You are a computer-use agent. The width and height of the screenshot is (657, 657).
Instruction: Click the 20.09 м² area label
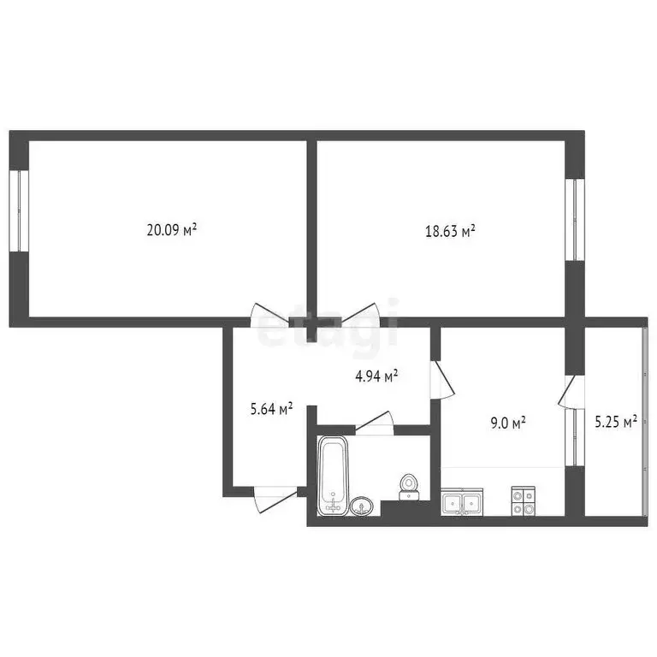click(172, 229)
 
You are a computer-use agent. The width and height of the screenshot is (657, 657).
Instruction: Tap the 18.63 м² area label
click(450, 231)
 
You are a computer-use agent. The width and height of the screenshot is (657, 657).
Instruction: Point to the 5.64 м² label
click(271, 409)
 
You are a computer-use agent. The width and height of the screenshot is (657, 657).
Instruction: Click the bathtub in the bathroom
click(332, 476)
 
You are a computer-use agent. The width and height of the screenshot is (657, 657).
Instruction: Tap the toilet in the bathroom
click(410, 486)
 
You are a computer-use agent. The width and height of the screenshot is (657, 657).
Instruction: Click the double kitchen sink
click(462, 501)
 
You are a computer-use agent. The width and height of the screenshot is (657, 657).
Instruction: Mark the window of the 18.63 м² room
click(576, 220)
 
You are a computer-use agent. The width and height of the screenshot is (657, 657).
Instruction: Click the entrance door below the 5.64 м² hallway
click(274, 498)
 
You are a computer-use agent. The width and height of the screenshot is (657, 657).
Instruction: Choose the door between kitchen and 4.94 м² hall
click(442, 380)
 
